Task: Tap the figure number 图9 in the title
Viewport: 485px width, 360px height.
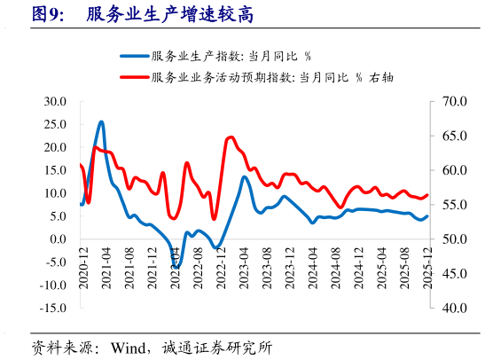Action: pos(47,14)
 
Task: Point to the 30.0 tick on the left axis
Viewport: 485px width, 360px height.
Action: pos(55,102)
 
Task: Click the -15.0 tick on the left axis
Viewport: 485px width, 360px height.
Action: pos(54,308)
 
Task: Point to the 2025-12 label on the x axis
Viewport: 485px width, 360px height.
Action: pos(429,265)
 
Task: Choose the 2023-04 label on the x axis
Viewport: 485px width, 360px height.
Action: pos(244,265)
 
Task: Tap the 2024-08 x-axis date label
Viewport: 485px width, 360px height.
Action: pos(336,265)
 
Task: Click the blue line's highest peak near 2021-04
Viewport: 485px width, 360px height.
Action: pos(101,121)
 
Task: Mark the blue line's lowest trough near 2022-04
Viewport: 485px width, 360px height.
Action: pos(176,267)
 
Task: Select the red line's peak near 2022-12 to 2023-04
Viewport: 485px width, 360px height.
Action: pos(231,137)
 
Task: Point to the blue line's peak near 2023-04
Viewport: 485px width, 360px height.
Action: pos(244,176)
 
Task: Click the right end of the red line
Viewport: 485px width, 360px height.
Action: pos(427,195)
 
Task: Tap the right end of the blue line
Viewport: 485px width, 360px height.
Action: pos(427,215)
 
